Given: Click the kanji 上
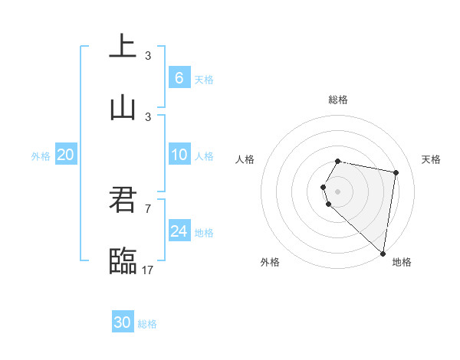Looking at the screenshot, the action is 123,46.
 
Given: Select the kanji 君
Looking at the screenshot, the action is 123,200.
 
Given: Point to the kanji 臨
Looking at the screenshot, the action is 123,261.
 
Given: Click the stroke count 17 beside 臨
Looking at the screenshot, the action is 148,270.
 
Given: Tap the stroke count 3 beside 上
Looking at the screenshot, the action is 148,55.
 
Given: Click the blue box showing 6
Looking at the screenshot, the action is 179,78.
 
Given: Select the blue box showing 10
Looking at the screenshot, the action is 179,155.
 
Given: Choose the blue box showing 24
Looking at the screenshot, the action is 179,231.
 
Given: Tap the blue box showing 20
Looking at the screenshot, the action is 65,155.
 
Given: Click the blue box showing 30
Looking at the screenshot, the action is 123,322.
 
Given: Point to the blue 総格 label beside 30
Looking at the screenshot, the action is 147,324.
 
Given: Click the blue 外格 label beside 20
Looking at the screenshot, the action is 41,156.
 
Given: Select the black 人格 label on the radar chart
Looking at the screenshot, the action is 245,159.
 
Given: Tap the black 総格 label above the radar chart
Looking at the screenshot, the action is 337,100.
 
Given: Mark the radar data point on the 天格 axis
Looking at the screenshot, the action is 396,172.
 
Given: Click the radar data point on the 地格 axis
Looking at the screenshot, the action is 383,252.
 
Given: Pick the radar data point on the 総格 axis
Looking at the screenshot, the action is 337,161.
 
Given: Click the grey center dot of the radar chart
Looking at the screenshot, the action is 337,191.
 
